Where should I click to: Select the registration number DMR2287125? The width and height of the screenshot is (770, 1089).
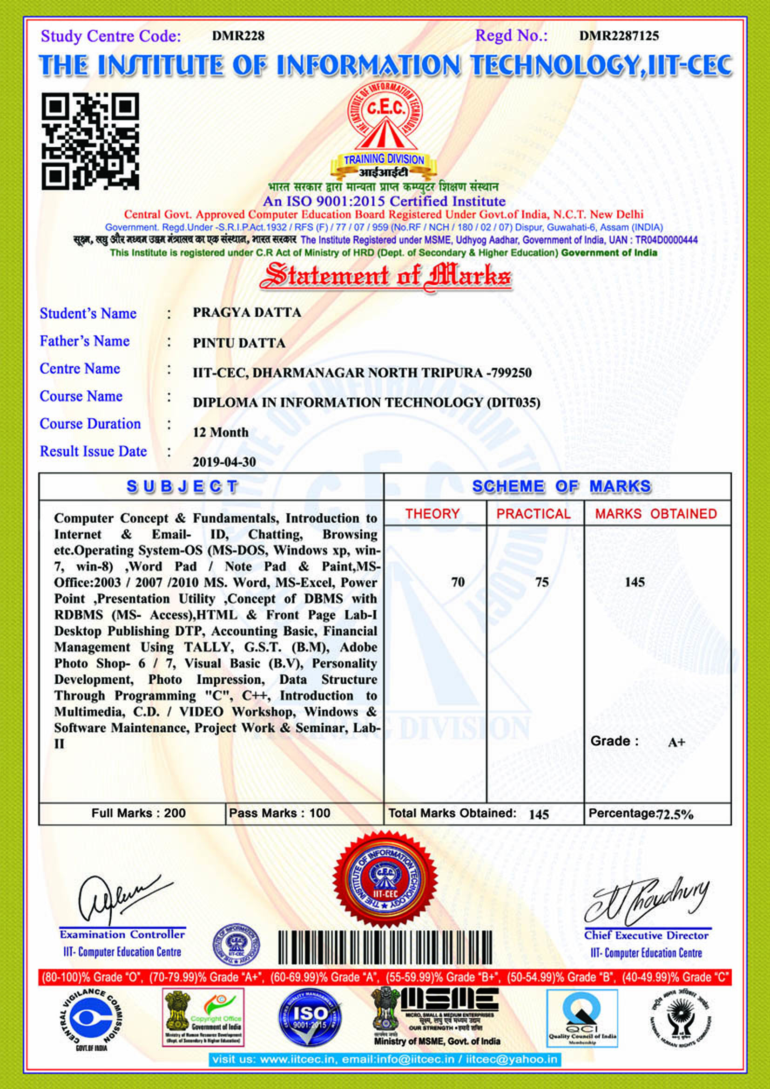tap(619, 36)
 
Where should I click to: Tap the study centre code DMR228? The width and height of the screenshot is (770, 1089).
tap(238, 36)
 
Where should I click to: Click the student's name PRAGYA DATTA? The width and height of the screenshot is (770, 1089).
tap(247, 313)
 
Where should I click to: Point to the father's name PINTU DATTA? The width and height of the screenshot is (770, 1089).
tap(239, 343)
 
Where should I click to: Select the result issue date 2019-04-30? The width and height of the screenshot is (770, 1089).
tap(224, 462)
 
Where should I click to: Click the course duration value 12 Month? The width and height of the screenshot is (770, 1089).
tap(221, 432)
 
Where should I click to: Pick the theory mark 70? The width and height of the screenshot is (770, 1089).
tap(458, 582)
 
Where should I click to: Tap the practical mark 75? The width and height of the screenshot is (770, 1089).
tap(542, 582)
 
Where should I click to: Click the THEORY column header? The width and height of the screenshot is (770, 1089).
tap(432, 514)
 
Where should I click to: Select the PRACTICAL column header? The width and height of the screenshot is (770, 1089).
tap(534, 514)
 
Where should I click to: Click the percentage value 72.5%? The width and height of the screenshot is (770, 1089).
tap(675, 814)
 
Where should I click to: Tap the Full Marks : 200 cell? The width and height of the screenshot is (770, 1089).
tap(138, 813)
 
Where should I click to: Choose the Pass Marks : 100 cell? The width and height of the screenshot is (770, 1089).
tap(280, 813)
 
